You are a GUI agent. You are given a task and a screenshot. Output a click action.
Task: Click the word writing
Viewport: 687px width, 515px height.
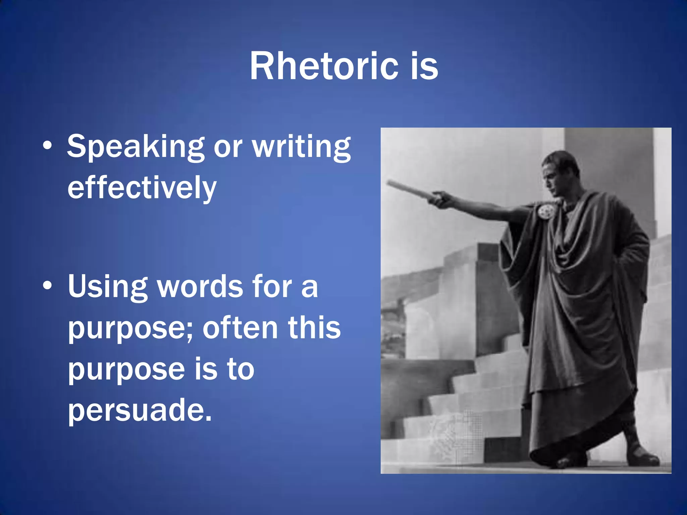(301, 147)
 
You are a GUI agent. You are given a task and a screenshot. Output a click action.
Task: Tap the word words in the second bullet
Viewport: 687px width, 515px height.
(200, 286)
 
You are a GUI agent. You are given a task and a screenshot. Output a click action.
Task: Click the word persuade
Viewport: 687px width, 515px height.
(140, 410)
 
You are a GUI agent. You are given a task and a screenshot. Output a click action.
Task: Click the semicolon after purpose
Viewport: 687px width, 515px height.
(190, 330)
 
